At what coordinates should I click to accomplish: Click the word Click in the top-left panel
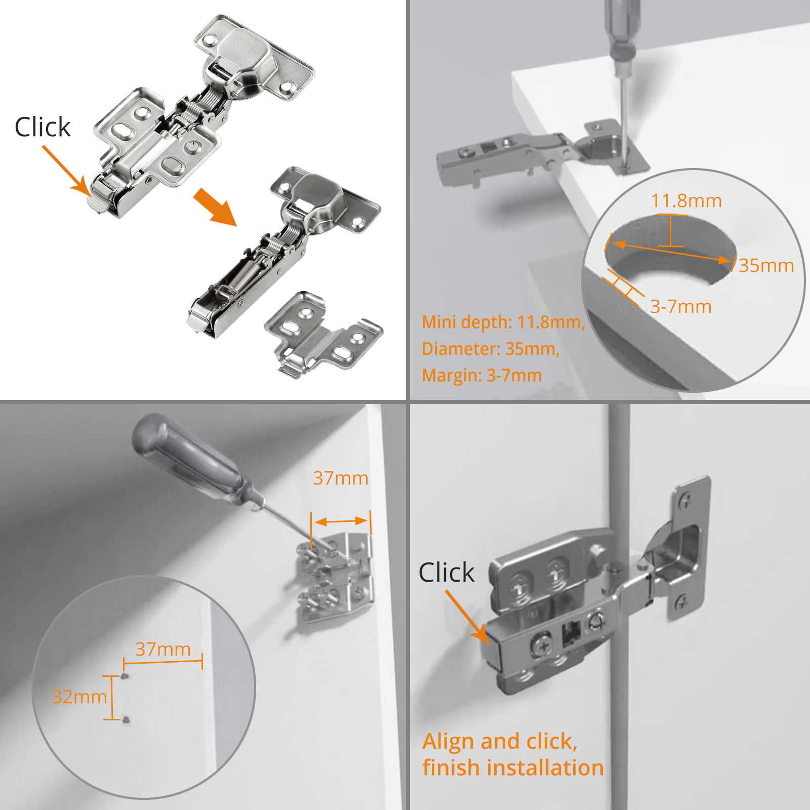coord(43,127)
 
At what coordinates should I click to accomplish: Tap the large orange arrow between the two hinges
coord(215,206)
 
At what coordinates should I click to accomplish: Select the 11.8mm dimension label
coord(686,201)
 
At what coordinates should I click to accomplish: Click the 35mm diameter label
coord(766,265)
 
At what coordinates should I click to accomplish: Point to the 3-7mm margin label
coord(680,306)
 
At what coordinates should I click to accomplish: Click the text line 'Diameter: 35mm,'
coord(490,349)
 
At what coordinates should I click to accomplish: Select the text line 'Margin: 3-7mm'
coord(481,376)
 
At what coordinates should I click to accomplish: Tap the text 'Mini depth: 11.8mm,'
coord(503,322)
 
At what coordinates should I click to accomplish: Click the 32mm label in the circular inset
coord(79,697)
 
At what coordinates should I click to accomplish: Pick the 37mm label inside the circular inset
coord(163,649)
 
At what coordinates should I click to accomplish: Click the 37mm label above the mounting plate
coord(340,478)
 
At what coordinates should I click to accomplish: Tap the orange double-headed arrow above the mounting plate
coord(341,521)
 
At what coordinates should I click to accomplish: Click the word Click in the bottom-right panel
coord(446,573)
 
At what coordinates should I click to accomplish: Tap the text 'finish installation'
coord(513,767)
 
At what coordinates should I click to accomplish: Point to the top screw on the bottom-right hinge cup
coord(684,501)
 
